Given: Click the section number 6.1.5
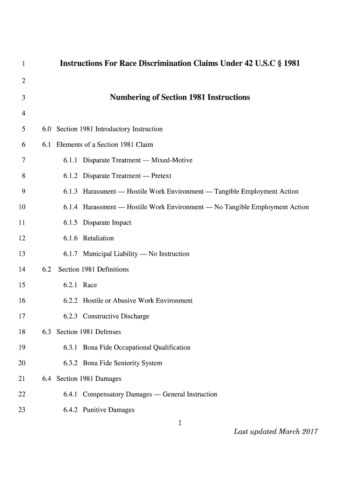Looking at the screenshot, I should point(71,223).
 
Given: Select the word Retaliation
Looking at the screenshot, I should point(98,238).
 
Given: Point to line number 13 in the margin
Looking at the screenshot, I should point(21,254).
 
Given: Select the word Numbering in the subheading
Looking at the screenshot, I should point(129,98).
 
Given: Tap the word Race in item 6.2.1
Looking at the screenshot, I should point(90,285).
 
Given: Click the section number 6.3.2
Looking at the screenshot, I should point(71,363).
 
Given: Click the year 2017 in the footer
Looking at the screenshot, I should point(310,431).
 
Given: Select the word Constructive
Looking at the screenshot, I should point(101,316).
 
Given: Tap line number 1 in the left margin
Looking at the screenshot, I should point(22,64).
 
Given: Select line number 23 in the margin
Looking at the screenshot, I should point(21,410).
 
